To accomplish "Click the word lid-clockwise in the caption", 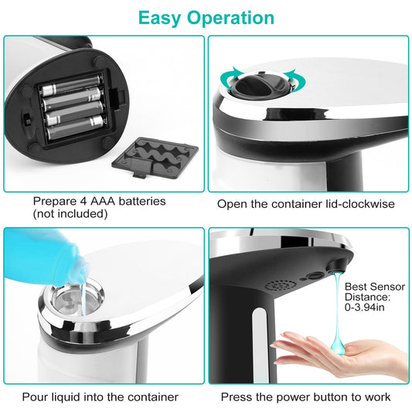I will [356, 204].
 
